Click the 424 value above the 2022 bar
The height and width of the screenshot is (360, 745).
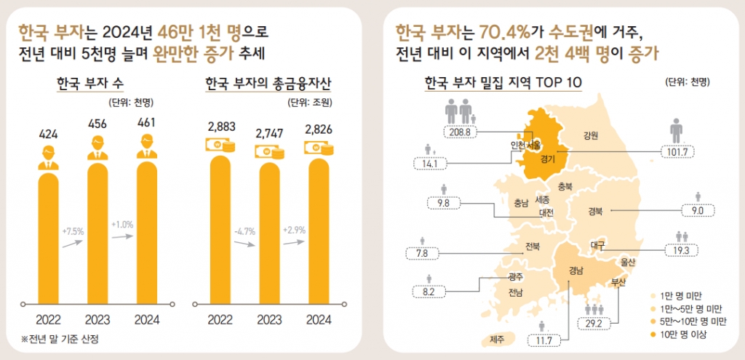(x=49, y=135)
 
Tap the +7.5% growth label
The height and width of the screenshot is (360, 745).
(x=73, y=232)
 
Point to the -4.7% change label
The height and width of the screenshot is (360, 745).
(x=244, y=232)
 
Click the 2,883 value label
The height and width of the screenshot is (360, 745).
(x=220, y=127)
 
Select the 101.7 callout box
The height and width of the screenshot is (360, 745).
(x=676, y=151)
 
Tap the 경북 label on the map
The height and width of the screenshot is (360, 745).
(x=594, y=212)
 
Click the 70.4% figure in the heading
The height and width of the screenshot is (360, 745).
(x=504, y=32)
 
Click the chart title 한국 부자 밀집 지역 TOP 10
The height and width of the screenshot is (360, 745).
(x=503, y=81)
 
